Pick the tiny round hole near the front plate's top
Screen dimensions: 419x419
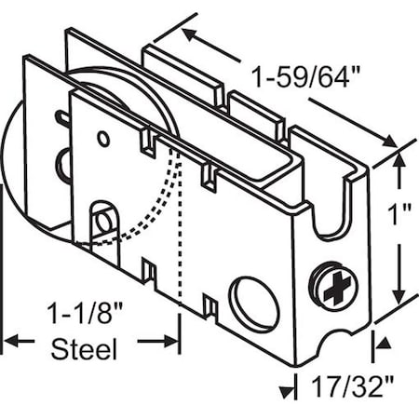(103, 140)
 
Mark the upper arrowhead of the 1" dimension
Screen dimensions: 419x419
(399, 159)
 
